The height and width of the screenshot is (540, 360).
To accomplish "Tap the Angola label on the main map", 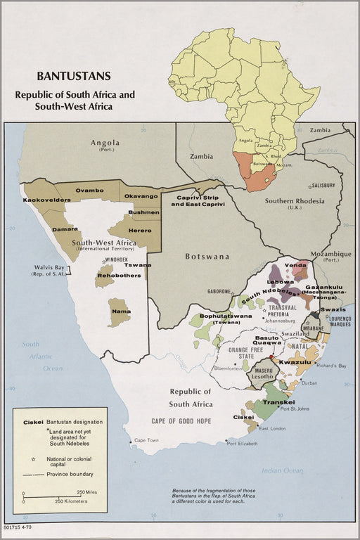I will tap(105, 144).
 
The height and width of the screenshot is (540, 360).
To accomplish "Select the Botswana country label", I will tap(207, 257).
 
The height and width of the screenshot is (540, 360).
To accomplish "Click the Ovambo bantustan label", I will tap(90, 191).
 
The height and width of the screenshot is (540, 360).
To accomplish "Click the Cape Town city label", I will tap(148, 440).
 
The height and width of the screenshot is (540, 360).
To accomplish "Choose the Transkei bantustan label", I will tap(277, 402).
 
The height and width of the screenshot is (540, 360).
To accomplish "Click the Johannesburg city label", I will tap(283, 321).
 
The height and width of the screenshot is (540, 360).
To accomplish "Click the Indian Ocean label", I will tap(281, 470).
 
